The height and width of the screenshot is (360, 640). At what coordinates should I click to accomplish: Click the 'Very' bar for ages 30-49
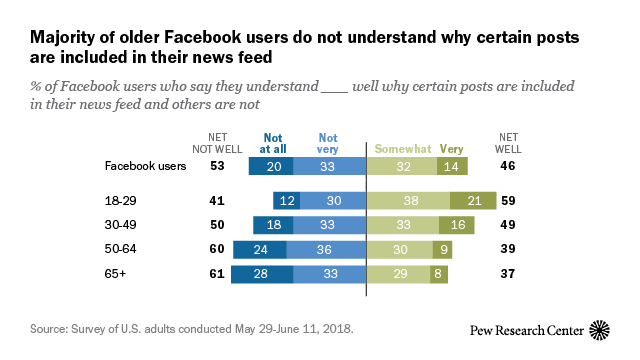click(456, 225)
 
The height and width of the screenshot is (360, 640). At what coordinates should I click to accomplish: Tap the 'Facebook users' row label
click(145, 167)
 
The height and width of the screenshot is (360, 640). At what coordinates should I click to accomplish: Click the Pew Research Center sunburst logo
click(599, 330)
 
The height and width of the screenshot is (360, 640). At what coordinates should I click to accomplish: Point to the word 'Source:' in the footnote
click(48, 326)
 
